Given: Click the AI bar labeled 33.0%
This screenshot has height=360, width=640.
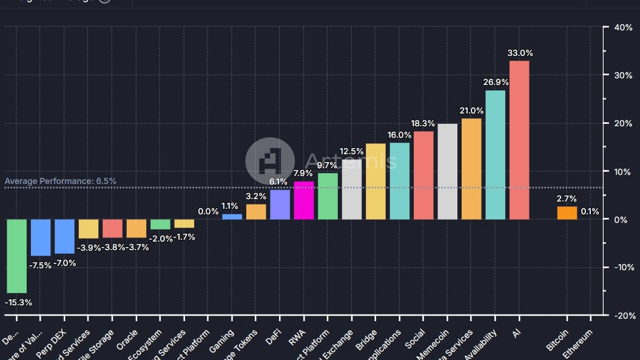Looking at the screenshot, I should pos(519,140).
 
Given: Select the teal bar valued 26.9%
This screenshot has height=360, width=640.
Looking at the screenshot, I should pos(495,155).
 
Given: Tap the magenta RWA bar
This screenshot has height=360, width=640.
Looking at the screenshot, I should pos(304,200).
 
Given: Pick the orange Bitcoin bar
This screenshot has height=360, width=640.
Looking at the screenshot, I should pos(567,212).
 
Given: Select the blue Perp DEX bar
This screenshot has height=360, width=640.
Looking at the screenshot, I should pos(64,236).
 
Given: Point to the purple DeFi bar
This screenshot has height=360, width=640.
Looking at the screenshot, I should pos(280,205).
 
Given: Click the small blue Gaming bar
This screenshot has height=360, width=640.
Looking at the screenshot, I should pos(232,217).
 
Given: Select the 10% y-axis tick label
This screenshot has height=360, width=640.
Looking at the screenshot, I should pos(623,172).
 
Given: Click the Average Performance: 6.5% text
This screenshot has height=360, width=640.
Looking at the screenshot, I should pos(61,181).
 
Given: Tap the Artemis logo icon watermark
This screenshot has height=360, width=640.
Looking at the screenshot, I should pos(269,161).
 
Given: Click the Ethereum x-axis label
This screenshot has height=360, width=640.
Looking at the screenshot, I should pos(577,344).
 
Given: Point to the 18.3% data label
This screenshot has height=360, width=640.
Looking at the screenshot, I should pos(423,123).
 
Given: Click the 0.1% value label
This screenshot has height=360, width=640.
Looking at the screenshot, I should pos(590,211).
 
